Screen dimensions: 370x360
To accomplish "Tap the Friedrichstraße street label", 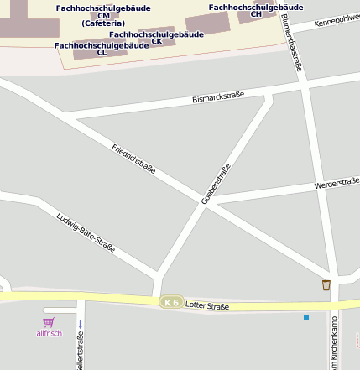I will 133,159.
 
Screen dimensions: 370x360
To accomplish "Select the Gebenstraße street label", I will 216,184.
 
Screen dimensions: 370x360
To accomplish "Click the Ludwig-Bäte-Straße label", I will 86,232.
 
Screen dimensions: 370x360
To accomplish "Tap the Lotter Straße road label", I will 206,306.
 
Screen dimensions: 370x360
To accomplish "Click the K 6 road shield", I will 172,302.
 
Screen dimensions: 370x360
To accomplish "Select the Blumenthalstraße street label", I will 294,42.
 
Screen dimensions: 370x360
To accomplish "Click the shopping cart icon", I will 49,322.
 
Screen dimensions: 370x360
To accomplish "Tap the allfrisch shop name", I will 49,333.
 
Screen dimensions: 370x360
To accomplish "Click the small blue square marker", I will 306,317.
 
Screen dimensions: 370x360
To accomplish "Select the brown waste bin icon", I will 326,285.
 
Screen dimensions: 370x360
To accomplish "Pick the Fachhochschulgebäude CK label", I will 156,37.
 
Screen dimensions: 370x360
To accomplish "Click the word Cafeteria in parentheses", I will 103,23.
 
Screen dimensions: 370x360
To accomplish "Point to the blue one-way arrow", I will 81,324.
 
